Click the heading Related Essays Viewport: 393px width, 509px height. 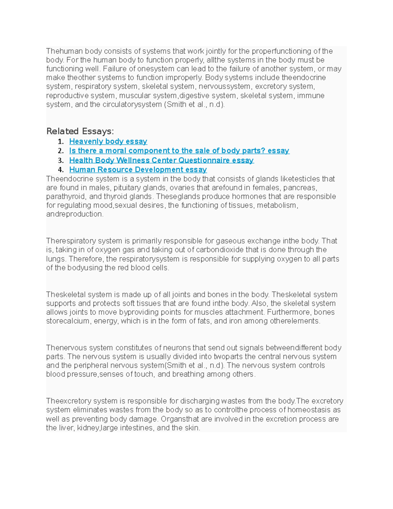pos(80,131)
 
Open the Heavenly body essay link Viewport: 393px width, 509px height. pos(108,141)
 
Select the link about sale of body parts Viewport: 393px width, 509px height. pos(179,151)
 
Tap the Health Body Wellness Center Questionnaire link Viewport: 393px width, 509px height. pos(161,160)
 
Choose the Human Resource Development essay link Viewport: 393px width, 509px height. pos(138,170)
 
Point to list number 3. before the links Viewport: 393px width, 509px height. pos(61,160)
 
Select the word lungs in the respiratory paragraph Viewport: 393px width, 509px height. pos(56,259)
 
